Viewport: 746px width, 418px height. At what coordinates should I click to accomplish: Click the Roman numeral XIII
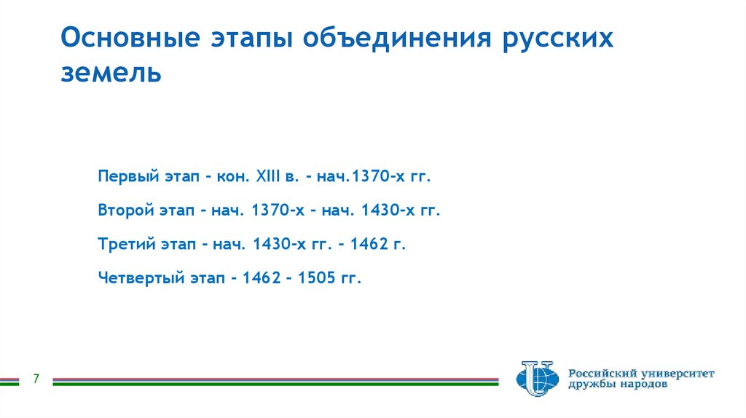pyautogui.click(x=268, y=177)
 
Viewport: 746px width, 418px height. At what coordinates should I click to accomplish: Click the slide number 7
pyautogui.click(x=36, y=379)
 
